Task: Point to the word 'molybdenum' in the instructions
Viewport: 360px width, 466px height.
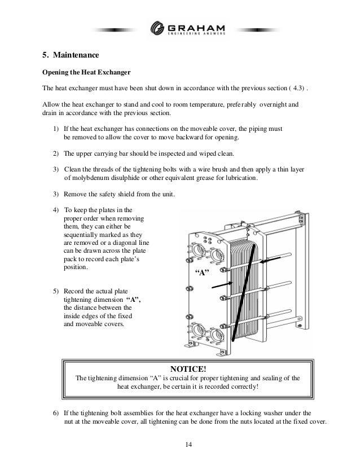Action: tap(93, 178)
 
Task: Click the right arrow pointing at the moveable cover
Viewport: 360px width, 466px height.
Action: tap(270, 261)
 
